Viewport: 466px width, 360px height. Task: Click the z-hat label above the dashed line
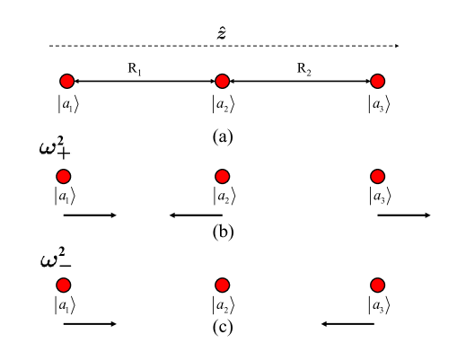pos(222,33)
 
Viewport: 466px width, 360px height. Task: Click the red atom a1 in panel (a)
pos(65,82)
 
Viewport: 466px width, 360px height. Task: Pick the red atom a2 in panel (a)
pos(222,82)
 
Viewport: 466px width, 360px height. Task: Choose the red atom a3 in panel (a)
pos(378,82)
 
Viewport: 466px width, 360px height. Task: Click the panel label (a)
pos(222,136)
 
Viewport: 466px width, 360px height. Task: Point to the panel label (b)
pos(222,233)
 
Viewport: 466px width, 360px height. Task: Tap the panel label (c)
pos(222,326)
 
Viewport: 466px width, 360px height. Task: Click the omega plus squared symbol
pos(59,149)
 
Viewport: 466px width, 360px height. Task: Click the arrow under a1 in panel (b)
pos(90,215)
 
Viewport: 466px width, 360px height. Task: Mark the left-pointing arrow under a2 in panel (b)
pos(196,215)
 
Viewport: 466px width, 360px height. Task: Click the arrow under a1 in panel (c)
pos(90,323)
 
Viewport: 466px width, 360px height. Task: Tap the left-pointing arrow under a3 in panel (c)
pos(348,323)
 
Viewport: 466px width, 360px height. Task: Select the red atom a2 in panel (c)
pos(222,285)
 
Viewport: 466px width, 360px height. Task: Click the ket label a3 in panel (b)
pos(378,196)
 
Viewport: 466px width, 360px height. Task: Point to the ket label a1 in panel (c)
pos(65,305)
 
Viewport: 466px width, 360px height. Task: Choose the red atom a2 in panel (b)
pos(222,176)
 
